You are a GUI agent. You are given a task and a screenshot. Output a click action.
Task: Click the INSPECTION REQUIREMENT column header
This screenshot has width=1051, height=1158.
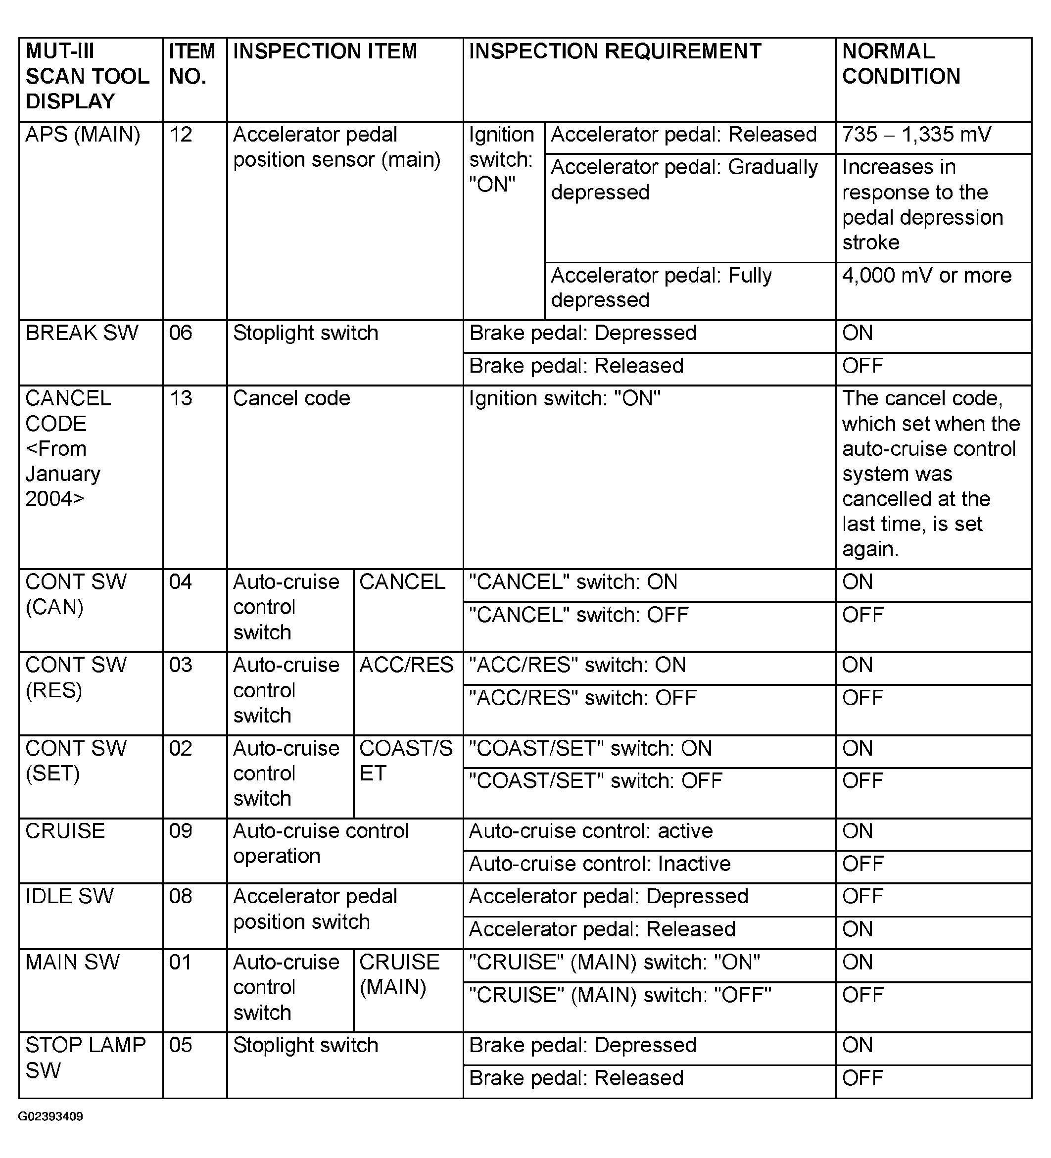tap(615, 51)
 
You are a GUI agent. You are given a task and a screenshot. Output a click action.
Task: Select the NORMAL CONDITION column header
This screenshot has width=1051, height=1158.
tap(901, 64)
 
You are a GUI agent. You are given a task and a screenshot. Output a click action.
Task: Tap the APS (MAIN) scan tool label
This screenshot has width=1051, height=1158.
tap(83, 135)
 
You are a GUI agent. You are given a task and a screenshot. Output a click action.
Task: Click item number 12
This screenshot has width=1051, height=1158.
tap(181, 135)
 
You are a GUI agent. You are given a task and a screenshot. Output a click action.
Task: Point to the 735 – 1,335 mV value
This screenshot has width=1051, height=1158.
tap(916, 135)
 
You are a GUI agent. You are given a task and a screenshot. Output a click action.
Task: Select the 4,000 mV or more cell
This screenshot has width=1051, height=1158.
tap(926, 276)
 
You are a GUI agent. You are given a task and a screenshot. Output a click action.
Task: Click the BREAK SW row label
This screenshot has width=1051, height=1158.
tap(82, 333)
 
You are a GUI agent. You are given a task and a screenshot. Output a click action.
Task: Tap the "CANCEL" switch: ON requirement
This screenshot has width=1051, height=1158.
tap(573, 582)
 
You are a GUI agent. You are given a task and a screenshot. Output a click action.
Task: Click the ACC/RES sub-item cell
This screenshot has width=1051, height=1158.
tap(406, 665)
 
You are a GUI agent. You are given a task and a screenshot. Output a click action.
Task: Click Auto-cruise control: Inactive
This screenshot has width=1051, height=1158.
tap(600, 864)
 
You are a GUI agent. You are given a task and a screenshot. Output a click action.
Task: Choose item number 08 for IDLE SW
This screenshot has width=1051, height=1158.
tap(181, 897)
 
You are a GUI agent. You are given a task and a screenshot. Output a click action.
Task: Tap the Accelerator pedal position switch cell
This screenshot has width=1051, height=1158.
tap(315, 909)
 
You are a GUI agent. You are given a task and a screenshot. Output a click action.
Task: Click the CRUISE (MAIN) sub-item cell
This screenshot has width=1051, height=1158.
tap(399, 975)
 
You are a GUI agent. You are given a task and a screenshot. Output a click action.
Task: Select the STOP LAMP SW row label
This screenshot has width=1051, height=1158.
tap(85, 1058)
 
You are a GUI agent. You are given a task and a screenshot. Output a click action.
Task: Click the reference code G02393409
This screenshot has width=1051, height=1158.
tap(50, 1116)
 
